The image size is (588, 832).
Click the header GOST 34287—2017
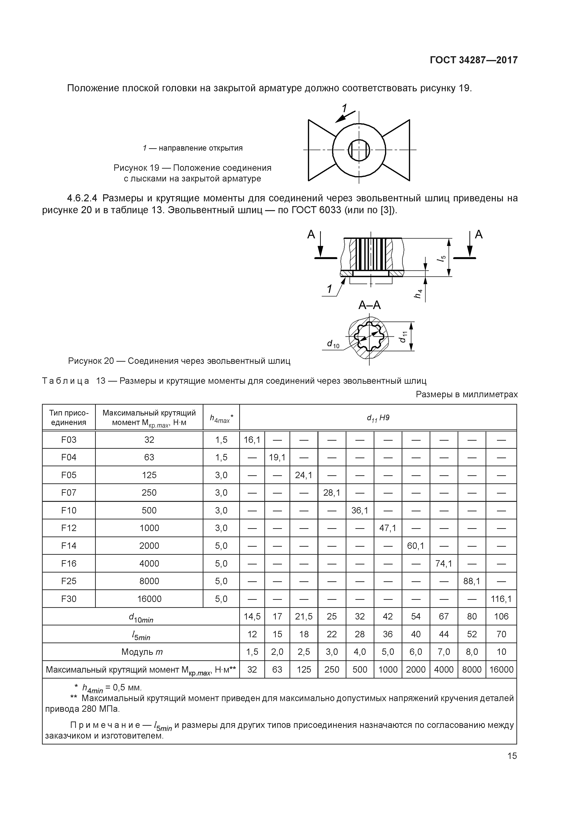tap(473, 60)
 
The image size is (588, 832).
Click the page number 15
tap(512, 756)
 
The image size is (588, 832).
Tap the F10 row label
tap(69, 511)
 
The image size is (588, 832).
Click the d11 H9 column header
tap(378, 418)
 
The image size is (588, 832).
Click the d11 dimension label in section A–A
tap(403, 337)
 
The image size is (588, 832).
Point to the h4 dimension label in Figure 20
tap(419, 294)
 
